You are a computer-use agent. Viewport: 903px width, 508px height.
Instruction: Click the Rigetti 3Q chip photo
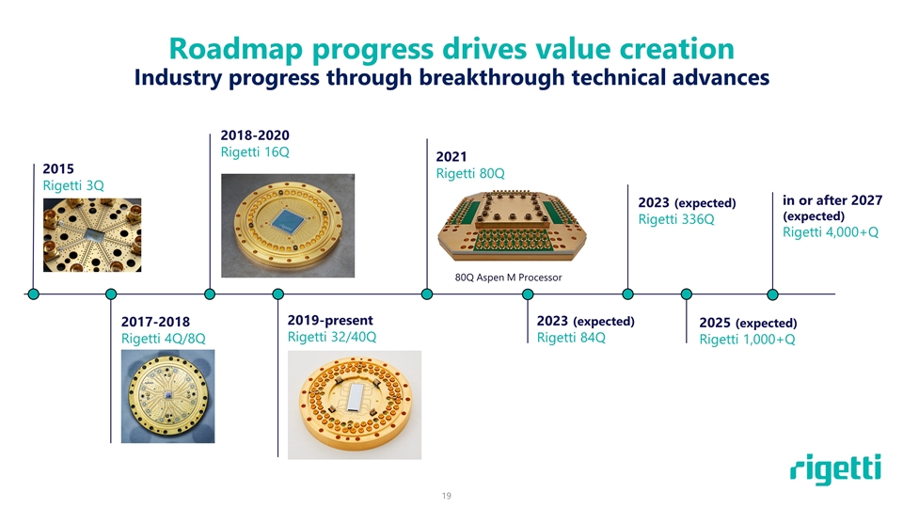(x=92, y=235)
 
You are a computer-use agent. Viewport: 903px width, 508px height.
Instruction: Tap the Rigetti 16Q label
(x=255, y=152)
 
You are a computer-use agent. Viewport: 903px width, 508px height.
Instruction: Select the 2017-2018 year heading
(x=155, y=322)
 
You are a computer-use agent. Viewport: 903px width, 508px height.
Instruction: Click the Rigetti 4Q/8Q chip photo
(x=167, y=396)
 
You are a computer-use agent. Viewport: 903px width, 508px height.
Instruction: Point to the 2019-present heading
(x=330, y=320)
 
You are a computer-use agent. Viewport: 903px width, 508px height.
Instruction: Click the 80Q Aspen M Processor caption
(x=508, y=277)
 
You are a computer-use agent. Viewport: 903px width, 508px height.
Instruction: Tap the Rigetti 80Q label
(x=470, y=173)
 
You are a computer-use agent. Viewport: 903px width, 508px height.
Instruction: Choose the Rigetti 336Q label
(x=676, y=219)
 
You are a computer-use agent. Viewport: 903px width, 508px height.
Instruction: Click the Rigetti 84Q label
(x=571, y=338)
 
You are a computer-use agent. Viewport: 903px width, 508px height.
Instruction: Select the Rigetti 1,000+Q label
(x=747, y=340)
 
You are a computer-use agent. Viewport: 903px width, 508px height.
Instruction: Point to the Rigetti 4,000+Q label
(x=831, y=232)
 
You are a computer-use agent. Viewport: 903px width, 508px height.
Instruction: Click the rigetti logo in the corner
(x=835, y=468)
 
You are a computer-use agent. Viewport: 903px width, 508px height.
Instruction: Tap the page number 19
(x=446, y=496)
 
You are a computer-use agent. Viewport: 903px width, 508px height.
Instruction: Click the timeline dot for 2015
(x=34, y=294)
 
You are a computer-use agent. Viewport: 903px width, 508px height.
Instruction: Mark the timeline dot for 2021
(x=427, y=294)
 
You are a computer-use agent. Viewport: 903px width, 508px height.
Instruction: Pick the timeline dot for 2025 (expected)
(x=687, y=294)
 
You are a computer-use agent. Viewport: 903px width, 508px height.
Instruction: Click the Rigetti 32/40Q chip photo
(x=355, y=405)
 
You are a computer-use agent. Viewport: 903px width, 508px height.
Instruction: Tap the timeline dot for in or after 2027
(x=773, y=294)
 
